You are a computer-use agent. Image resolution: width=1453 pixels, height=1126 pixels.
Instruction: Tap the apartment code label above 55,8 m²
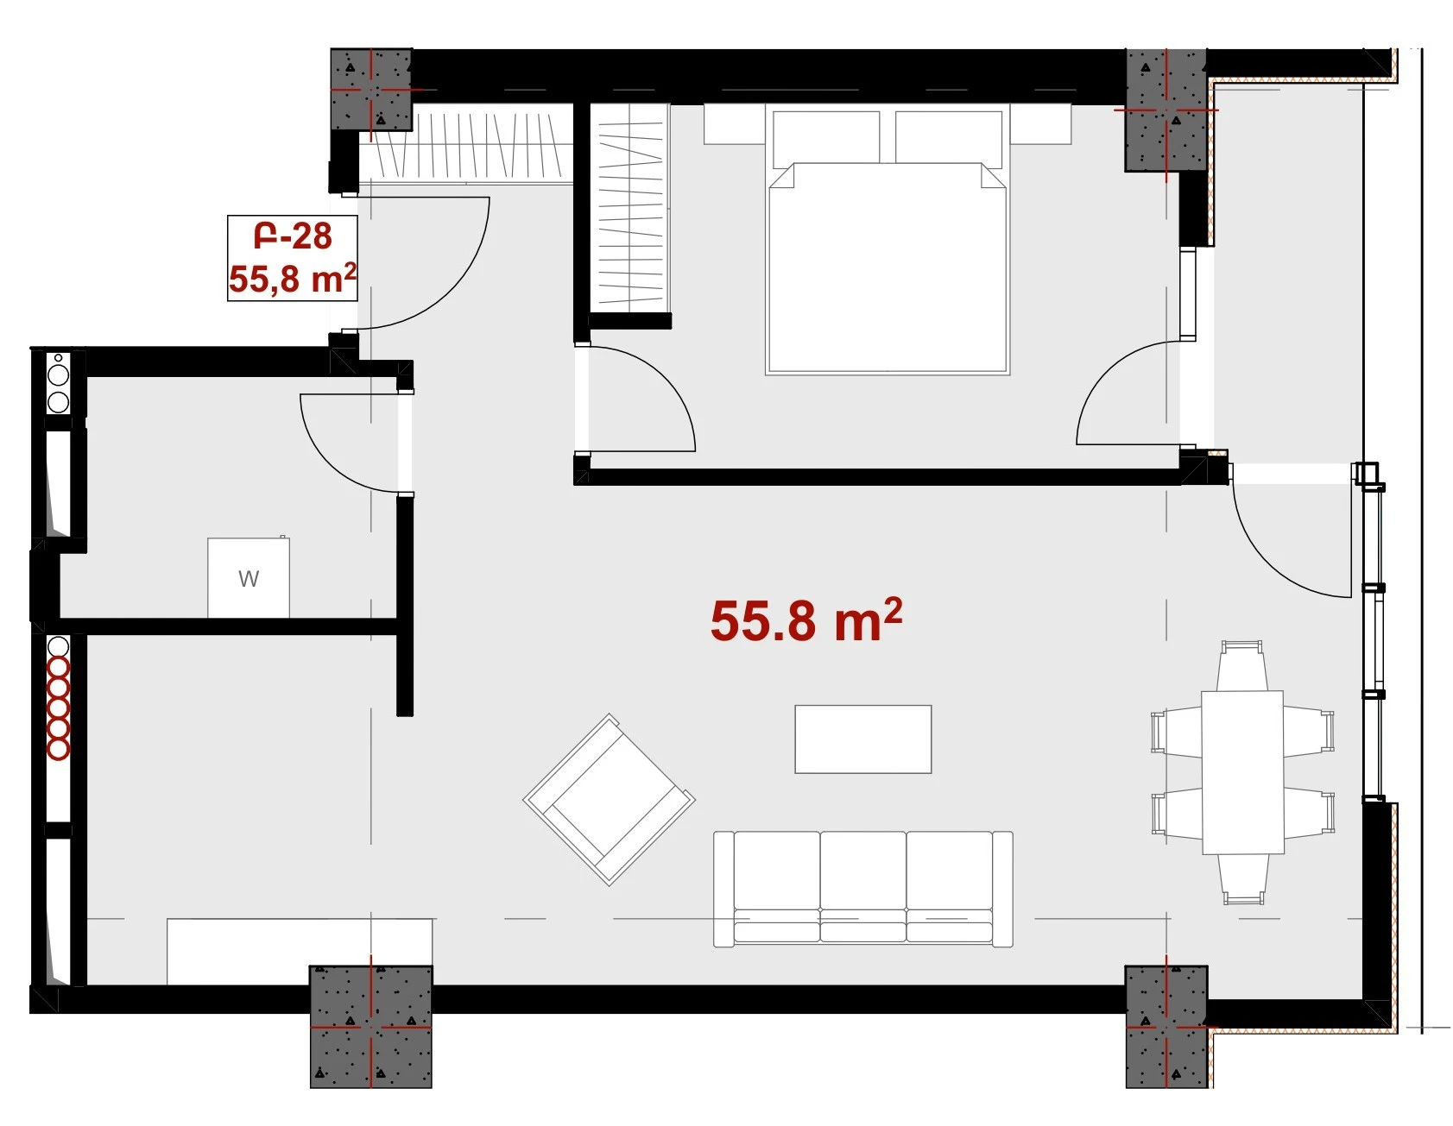tap(293, 236)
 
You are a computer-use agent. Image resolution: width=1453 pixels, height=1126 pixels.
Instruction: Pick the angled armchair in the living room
tap(610, 799)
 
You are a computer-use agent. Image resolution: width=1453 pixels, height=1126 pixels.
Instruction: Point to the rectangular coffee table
tap(863, 739)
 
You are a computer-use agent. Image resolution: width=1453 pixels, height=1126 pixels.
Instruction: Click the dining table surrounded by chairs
tap(1242, 771)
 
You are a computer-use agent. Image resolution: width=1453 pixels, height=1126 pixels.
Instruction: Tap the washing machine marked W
tap(249, 578)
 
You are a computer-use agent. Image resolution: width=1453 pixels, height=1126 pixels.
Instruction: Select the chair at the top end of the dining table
tap(1242, 665)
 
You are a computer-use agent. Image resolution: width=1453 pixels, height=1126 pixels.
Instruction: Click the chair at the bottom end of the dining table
tap(1243, 879)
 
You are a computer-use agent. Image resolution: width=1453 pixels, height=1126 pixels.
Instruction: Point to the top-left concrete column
tap(371, 90)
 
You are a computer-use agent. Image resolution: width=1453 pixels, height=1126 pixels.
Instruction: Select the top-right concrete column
tap(1166, 110)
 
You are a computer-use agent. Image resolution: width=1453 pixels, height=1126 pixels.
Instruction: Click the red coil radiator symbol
tap(58, 708)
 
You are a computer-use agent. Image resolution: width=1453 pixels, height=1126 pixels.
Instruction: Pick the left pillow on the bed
tap(826, 137)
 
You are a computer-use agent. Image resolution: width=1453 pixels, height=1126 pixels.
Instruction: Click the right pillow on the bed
tap(950, 137)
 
